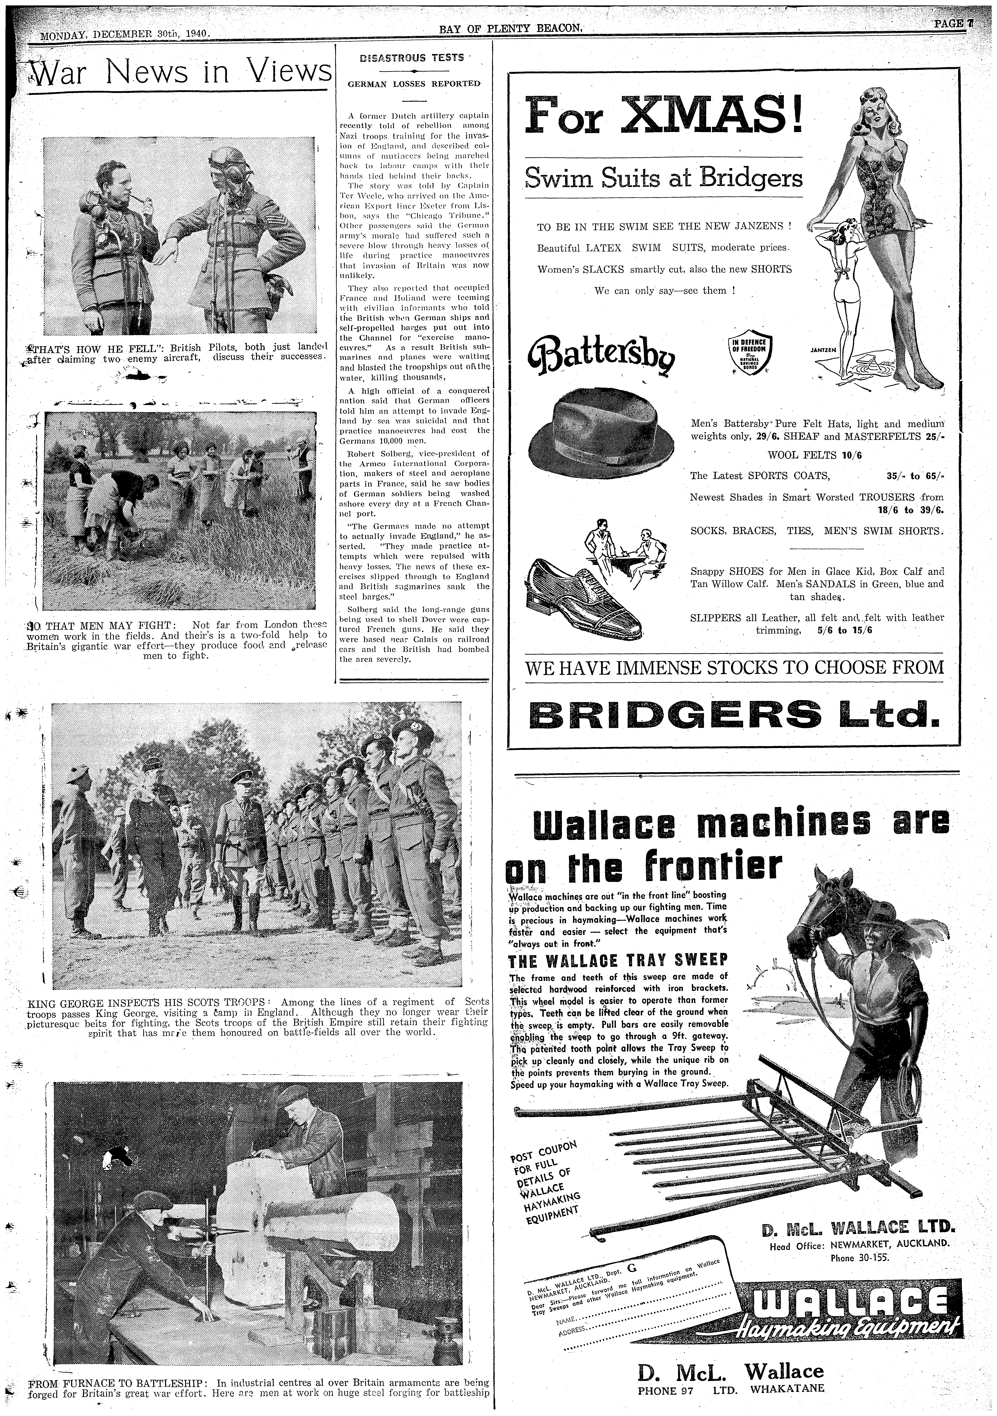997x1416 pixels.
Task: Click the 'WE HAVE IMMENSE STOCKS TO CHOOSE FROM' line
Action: (x=734, y=667)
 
